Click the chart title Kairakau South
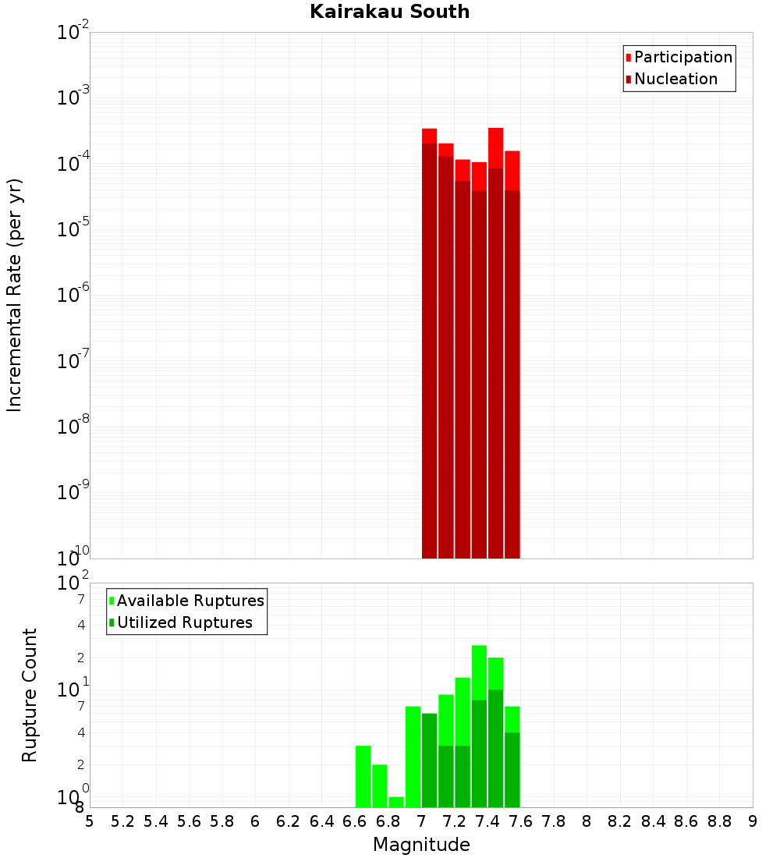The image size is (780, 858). pyautogui.click(x=389, y=12)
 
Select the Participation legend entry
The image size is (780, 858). pyautogui.click(x=683, y=57)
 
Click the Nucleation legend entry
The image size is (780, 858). pyautogui.click(x=675, y=79)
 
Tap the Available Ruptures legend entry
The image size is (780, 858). pyautogui.click(x=190, y=601)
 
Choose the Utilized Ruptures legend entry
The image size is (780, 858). pyautogui.click(x=184, y=622)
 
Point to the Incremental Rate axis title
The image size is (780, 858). pyautogui.click(x=14, y=295)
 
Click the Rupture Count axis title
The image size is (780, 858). pyautogui.click(x=30, y=695)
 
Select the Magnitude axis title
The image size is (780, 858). pyautogui.click(x=421, y=845)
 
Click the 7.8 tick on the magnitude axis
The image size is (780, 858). pyautogui.click(x=554, y=821)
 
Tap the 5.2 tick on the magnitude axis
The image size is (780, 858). pyautogui.click(x=123, y=821)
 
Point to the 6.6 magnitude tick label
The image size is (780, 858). pyautogui.click(x=355, y=821)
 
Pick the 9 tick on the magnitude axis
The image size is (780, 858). pyautogui.click(x=753, y=821)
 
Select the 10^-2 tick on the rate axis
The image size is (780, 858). pyautogui.click(x=71, y=34)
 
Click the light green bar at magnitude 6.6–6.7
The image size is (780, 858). pyautogui.click(x=363, y=776)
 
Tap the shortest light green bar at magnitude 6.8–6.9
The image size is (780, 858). pyautogui.click(x=396, y=802)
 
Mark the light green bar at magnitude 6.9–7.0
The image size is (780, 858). pyautogui.click(x=413, y=757)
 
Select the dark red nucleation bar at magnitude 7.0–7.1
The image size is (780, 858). pyautogui.click(x=429, y=351)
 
